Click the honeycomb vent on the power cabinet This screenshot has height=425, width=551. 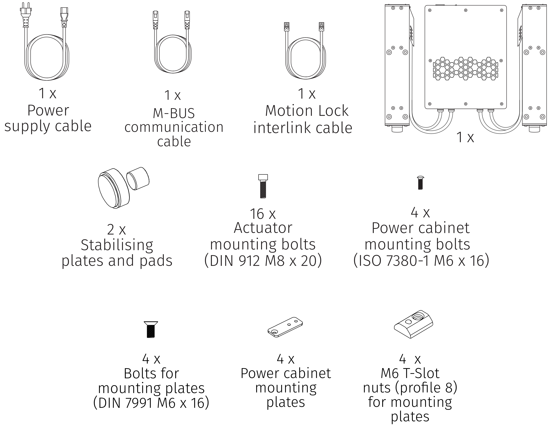(x=466, y=69)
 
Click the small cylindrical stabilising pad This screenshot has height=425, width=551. (x=138, y=178)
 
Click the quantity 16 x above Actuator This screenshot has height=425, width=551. (x=263, y=214)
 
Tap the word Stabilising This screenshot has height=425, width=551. (x=117, y=245)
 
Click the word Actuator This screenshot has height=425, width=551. (x=263, y=228)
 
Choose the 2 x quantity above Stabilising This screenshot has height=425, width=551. (x=116, y=230)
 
